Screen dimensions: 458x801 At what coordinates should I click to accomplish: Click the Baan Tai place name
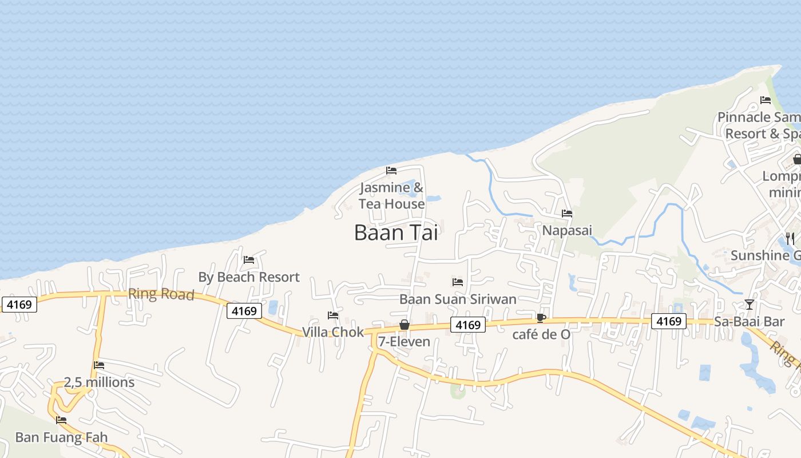point(396,232)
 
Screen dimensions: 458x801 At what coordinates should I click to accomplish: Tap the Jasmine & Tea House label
point(392,196)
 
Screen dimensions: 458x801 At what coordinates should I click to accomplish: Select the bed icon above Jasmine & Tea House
point(391,171)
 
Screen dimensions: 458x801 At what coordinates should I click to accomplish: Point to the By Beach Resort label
point(249,277)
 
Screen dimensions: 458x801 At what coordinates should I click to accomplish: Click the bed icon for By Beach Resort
point(249,260)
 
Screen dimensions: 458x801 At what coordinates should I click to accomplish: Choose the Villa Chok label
point(332,332)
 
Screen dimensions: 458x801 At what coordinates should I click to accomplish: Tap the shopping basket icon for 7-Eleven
point(405,325)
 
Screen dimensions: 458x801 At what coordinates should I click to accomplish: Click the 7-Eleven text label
point(404,342)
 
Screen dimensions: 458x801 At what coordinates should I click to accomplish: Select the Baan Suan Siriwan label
point(458,299)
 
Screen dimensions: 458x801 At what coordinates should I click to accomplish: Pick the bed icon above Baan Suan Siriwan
point(458,282)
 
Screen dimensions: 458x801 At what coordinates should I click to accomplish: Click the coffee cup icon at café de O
point(541,318)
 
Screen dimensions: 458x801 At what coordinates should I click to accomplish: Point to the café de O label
point(541,334)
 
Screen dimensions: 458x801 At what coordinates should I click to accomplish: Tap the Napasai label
point(567,230)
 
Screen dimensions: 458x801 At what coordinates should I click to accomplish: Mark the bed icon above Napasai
point(567,214)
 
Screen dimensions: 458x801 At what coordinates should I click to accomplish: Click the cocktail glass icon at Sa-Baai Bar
point(750,304)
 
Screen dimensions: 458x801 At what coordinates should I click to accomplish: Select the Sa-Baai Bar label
point(750,322)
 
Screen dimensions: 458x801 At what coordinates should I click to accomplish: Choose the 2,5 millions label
point(99,382)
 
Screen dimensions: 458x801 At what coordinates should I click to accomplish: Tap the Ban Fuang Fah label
point(61,437)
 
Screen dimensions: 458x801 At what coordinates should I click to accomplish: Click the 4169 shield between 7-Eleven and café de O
point(467,325)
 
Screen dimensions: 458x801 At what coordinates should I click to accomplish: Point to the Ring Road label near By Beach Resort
point(161,294)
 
